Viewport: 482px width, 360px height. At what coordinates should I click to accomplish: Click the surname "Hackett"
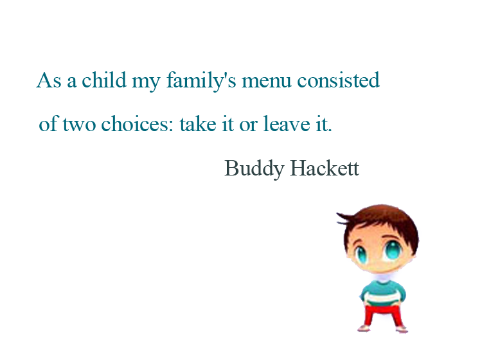(x=325, y=168)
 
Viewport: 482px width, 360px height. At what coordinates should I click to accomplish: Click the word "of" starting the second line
(x=48, y=124)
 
